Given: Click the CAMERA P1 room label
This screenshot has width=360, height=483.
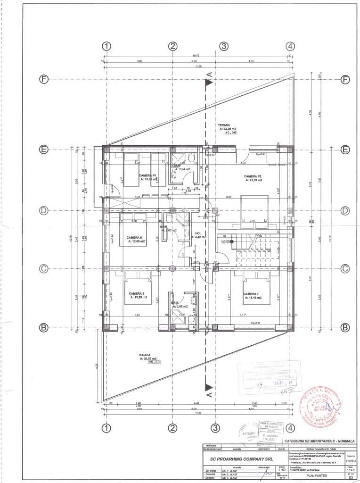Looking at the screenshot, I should pos(147,175).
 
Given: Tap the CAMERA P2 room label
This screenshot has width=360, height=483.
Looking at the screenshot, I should pos(253,175).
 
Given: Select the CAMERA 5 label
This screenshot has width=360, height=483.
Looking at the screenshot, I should pos(135,237).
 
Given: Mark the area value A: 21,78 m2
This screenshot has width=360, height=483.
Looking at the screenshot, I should pos(253,180).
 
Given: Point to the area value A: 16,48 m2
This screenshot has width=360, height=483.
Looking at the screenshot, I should pos(253,298).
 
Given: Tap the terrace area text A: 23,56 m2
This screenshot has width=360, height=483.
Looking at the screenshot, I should pos(149,358).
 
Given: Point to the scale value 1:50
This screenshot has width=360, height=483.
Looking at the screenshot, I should pos(269,470).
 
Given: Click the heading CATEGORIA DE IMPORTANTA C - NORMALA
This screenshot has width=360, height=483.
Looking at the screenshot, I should pos(319,441).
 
